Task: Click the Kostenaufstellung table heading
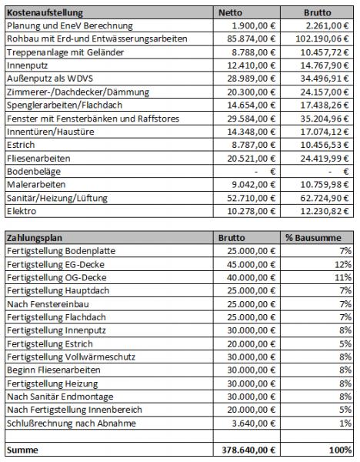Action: click(45, 13)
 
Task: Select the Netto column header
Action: click(230, 12)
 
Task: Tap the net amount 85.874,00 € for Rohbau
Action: click(251, 39)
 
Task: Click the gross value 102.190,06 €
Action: click(322, 39)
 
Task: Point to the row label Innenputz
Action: click(27, 65)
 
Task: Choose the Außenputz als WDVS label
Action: click(50, 79)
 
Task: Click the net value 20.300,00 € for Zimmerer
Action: click(251, 92)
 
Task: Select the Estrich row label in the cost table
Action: click(21, 145)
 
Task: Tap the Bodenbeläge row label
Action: click(34, 172)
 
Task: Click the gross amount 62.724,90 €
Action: click(325, 198)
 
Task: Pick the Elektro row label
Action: click(22, 211)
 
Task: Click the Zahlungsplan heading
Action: click(35, 238)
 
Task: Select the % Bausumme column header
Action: click(313, 238)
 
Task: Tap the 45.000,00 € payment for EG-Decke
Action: click(251, 265)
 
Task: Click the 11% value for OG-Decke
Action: click(343, 277)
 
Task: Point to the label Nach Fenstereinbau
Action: click(48, 304)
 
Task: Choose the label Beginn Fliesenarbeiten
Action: click(54, 370)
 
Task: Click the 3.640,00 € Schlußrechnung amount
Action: click(253, 423)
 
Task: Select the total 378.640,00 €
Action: click(248, 450)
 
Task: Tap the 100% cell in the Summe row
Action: click(341, 450)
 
